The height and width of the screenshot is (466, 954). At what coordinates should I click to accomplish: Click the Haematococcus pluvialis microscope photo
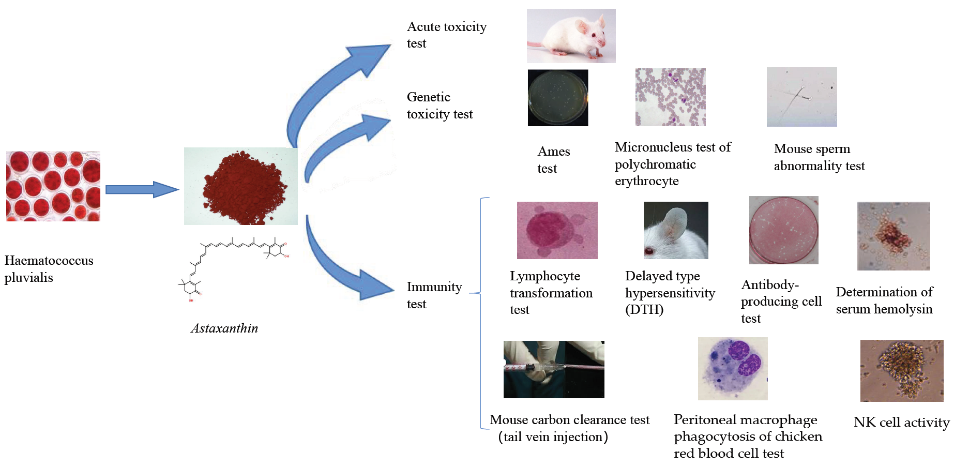click(53, 186)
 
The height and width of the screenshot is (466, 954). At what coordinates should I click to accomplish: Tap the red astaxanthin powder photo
click(241, 186)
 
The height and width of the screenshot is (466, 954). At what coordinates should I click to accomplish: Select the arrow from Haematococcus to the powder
click(142, 189)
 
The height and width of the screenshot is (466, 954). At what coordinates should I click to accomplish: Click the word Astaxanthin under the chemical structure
click(224, 328)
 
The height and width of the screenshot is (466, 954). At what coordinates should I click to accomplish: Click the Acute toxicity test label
click(446, 35)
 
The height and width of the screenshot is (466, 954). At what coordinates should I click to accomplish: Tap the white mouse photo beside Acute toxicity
click(571, 36)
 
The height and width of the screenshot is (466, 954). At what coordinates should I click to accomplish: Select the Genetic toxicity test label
click(440, 106)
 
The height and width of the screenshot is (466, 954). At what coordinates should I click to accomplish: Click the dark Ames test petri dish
click(558, 98)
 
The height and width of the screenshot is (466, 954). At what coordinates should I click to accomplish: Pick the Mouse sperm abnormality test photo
click(801, 97)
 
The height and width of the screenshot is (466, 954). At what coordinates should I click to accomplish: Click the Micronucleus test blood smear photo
click(670, 97)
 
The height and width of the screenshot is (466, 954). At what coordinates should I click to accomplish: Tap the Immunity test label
click(434, 295)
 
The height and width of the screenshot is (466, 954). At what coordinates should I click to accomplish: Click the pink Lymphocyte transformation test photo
click(557, 230)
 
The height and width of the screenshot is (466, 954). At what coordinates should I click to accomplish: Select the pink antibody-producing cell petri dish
click(783, 230)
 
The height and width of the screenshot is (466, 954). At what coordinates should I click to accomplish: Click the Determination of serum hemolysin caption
click(884, 300)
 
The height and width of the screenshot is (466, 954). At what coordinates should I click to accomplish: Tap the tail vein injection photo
click(554, 369)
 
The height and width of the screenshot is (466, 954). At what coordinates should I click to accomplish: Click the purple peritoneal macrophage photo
click(733, 369)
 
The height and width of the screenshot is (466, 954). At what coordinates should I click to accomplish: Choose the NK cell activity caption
click(901, 422)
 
